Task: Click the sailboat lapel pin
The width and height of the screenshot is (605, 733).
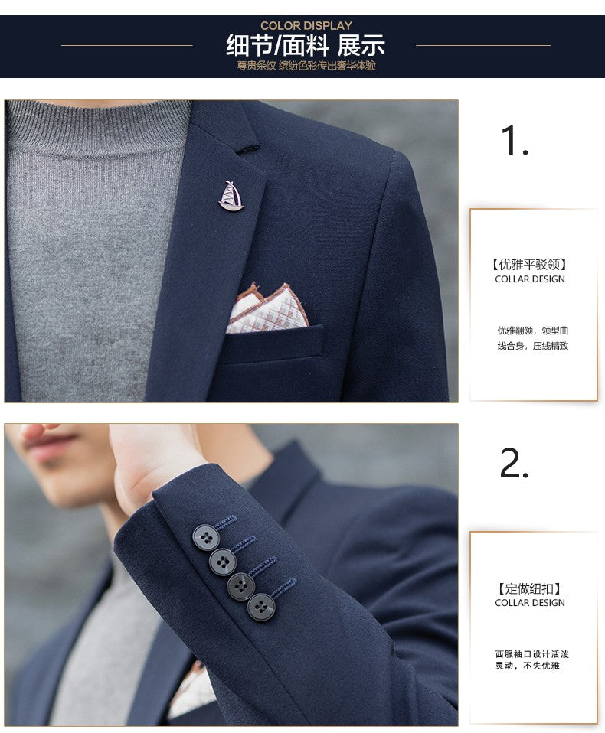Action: coord(231,196)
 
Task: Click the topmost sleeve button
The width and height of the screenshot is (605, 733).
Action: coord(205,536)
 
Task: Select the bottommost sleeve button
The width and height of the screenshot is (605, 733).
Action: coord(261,608)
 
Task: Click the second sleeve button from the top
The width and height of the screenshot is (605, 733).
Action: coord(223,562)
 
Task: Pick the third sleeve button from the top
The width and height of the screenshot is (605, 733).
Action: coord(241,586)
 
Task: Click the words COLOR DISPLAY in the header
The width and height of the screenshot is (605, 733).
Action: coord(306,26)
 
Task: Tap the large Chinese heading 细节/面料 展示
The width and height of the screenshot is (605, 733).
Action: coord(306,45)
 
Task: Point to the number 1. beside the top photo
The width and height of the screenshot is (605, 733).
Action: coord(514,141)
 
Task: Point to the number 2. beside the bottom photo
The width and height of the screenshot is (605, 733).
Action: coord(514,464)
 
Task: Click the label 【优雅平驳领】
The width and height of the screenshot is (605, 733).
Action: coord(530,265)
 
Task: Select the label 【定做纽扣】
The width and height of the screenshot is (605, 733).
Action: coord(530,588)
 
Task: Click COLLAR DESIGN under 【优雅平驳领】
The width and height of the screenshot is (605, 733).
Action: coord(530,279)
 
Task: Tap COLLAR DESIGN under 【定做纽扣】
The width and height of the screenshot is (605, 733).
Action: coord(530,603)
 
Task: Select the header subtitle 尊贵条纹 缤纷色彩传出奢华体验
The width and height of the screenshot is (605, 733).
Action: coord(306,66)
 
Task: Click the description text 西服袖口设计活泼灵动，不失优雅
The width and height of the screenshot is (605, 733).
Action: coord(531,660)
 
